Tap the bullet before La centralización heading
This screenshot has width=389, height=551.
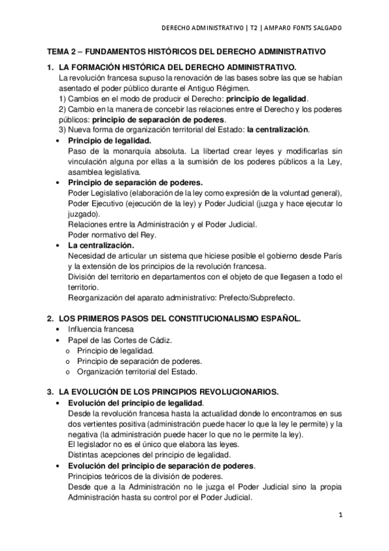pyautogui.click(x=60, y=246)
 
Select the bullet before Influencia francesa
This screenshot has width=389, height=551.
pyautogui.click(x=60, y=329)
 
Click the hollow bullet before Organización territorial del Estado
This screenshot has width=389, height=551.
pyautogui.click(x=69, y=372)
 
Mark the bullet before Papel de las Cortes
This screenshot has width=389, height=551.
pyautogui.click(x=60, y=340)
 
